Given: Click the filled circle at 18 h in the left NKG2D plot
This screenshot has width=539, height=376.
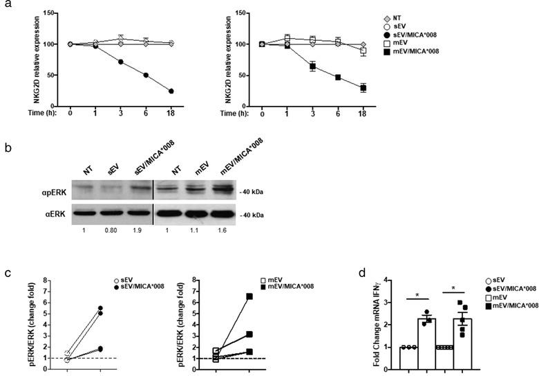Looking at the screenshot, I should pyautogui.click(x=170, y=91).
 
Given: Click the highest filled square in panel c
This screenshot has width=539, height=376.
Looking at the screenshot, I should pyautogui.click(x=250, y=296).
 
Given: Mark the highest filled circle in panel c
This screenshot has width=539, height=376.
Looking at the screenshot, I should pyautogui.click(x=101, y=308).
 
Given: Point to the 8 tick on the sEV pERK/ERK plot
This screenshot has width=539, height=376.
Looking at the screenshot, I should pyautogui.click(x=45, y=280).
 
